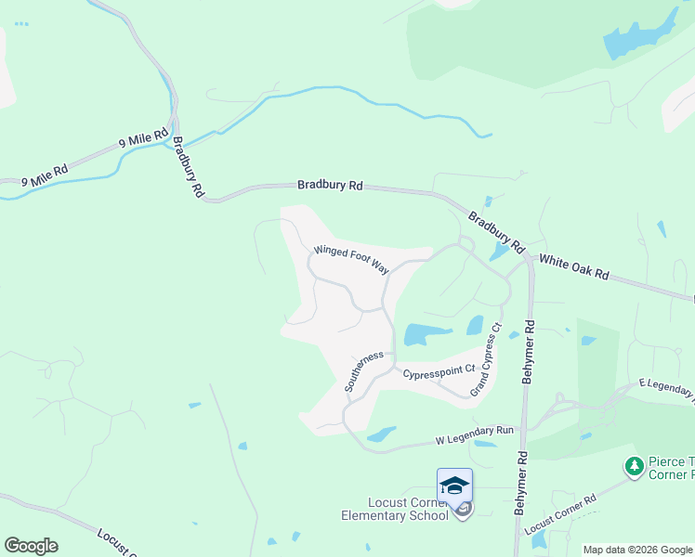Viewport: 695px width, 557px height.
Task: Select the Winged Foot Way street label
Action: point(350,258)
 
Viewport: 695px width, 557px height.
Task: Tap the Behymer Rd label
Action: point(528,353)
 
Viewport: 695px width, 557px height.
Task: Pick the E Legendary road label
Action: point(667,387)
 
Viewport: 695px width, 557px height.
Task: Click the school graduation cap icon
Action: point(454,486)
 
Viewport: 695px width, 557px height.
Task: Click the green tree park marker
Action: point(635,466)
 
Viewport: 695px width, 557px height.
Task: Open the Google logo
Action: point(31,546)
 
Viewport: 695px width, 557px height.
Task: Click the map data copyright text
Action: point(637,550)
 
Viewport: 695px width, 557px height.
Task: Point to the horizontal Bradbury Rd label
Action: point(330,185)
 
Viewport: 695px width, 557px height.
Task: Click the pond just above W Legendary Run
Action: point(381,434)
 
